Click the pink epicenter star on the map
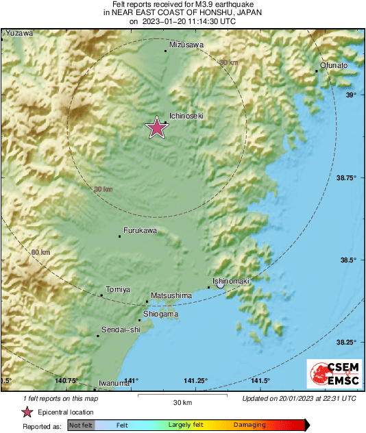[157, 128]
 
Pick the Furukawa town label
[140, 231]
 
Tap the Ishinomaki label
[230, 281]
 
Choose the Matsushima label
[171, 295]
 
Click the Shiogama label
[161, 314]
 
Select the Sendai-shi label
[121, 330]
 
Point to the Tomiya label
[118, 289]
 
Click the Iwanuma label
[114, 383]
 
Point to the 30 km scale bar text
[182, 401]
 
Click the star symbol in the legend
[27, 412]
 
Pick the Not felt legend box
[80, 425]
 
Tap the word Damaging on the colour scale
[249, 425]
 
